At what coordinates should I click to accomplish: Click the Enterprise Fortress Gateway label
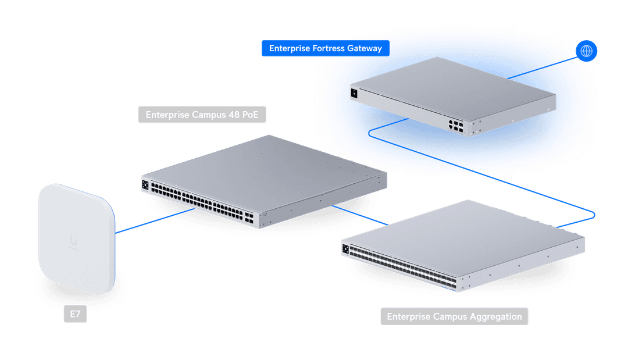[325, 48]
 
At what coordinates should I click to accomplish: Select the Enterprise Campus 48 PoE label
[202, 115]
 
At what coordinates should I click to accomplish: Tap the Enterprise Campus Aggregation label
[454, 316]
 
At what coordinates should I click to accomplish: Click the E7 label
[75, 315]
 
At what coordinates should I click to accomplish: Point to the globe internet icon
[586, 51]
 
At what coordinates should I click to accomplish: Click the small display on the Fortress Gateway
[354, 92]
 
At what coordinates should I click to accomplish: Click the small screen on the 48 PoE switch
[145, 185]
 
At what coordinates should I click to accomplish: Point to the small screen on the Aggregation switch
[345, 249]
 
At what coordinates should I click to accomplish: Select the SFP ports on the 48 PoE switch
[249, 218]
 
